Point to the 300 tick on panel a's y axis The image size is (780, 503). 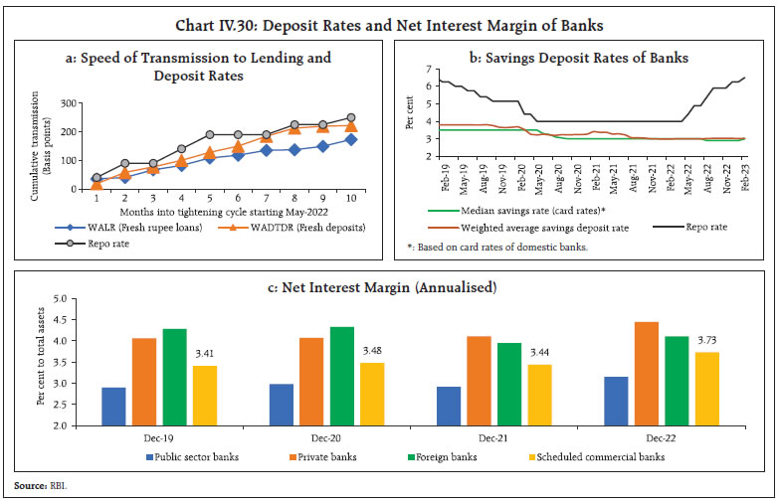click(68, 103)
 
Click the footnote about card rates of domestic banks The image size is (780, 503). click(488, 247)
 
